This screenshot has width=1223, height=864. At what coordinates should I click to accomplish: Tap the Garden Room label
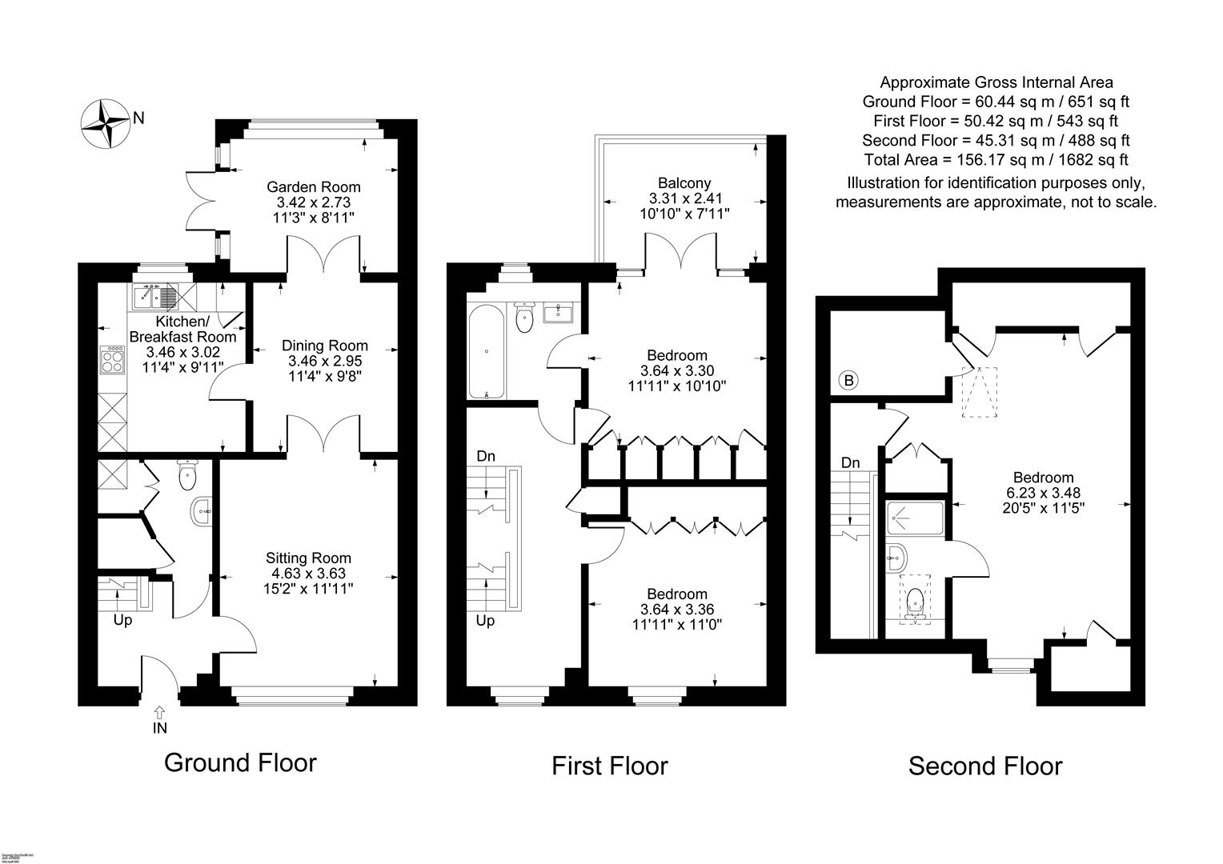pyautogui.click(x=313, y=187)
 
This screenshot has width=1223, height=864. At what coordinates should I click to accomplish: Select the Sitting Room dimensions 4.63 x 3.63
pyautogui.click(x=308, y=573)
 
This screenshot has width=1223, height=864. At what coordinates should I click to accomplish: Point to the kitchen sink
pyautogui.click(x=153, y=298)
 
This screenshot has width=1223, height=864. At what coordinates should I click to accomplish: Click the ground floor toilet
pyautogui.click(x=187, y=476)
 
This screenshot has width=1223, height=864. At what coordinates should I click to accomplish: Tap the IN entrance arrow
pyautogui.click(x=160, y=712)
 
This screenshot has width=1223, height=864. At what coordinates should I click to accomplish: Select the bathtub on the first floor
pyautogui.click(x=486, y=352)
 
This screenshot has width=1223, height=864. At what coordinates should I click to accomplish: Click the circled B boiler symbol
pyautogui.click(x=848, y=380)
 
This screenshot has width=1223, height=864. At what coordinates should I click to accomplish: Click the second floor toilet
pyautogui.click(x=916, y=602)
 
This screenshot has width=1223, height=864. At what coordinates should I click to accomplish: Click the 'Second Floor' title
pyautogui.click(x=984, y=766)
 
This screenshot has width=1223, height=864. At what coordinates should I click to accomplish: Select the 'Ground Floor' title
pyautogui.click(x=240, y=762)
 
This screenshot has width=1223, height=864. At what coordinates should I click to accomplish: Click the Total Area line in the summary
pyautogui.click(x=996, y=159)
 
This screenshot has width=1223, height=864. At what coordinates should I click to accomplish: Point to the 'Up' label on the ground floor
pyautogui.click(x=122, y=620)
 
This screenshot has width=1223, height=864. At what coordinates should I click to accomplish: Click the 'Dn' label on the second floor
pyautogui.click(x=850, y=463)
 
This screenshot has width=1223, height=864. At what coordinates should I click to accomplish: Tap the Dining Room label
pyautogui.click(x=324, y=346)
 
